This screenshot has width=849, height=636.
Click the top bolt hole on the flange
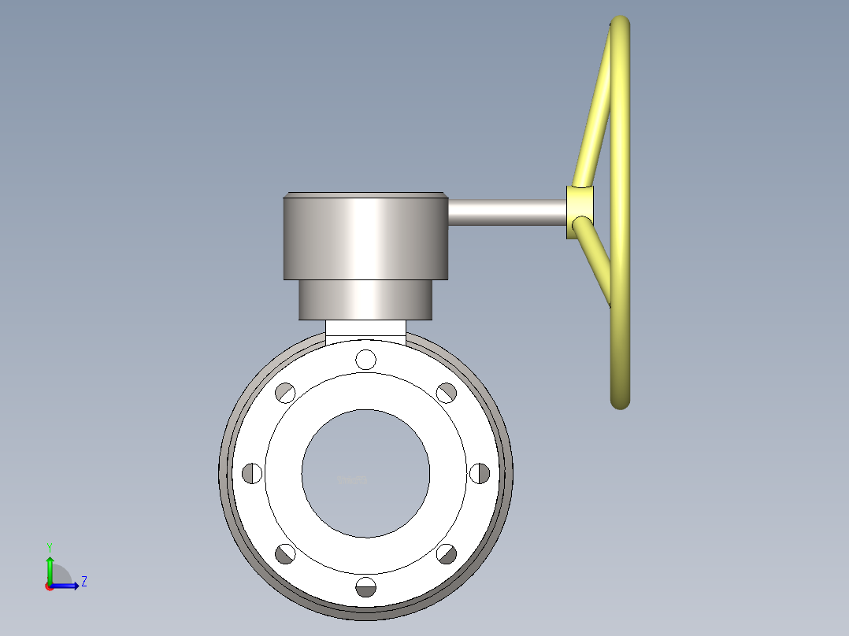point(365,359)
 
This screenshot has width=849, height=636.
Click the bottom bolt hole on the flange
point(365,586)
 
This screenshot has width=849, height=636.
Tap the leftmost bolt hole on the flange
point(252,473)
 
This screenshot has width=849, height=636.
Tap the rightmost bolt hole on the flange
point(479,473)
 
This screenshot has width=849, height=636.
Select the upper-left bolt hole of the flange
point(285,392)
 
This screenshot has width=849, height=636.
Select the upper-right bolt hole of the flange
point(447,392)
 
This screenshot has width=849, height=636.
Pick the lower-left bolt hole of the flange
point(285,554)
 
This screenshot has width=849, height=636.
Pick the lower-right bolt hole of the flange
point(447,554)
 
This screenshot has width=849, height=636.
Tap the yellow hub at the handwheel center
point(580,212)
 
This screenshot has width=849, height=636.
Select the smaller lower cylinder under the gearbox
point(365,300)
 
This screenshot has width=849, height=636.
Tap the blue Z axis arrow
point(68,586)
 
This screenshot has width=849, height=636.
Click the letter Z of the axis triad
point(83,582)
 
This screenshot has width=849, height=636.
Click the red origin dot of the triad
point(50,586)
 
